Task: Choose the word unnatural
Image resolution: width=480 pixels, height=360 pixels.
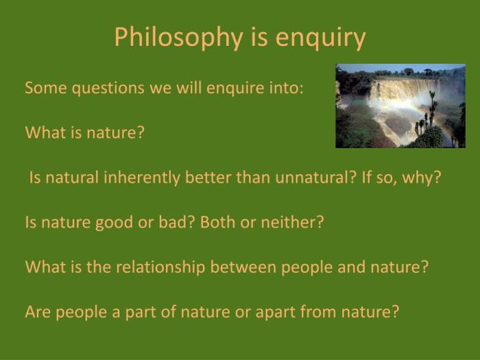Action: pos(317,178)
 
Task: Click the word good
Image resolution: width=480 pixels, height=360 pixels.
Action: pos(121,223)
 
